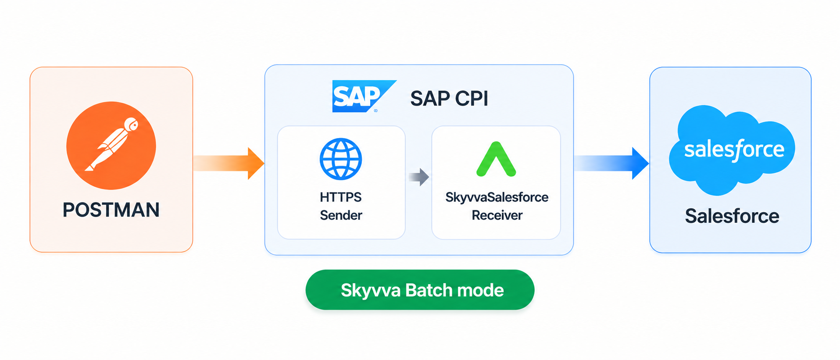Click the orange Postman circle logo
[x=111, y=146]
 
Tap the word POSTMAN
[x=111, y=210]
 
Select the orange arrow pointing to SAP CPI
[x=229, y=163]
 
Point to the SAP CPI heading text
[x=449, y=98]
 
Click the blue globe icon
[x=341, y=159]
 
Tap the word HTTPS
[x=341, y=197]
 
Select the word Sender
[x=341, y=215]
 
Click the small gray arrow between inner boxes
[x=418, y=177]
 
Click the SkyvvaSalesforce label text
[x=497, y=197]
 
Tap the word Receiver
[x=497, y=215]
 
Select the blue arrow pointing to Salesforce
[x=611, y=163]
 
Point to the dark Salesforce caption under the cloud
[x=732, y=216]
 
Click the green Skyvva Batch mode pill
[x=420, y=290]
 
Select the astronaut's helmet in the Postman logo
[x=131, y=124]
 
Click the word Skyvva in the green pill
[x=371, y=291]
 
